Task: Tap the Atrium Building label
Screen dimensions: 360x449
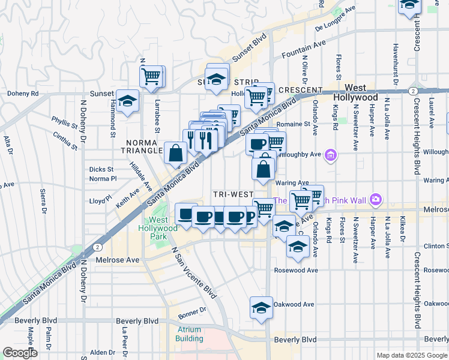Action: (x=189, y=334)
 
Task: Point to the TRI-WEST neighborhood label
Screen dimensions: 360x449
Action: (x=234, y=195)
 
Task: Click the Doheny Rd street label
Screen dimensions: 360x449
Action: (x=23, y=94)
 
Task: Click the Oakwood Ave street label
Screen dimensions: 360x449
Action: (x=294, y=304)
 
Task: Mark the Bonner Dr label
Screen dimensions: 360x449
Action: (x=191, y=310)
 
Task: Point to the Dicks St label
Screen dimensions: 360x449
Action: (x=101, y=169)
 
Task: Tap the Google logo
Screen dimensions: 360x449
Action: (x=20, y=353)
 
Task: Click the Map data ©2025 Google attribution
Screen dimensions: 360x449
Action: (x=411, y=355)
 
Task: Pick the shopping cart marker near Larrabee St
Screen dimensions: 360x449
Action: (x=151, y=76)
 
